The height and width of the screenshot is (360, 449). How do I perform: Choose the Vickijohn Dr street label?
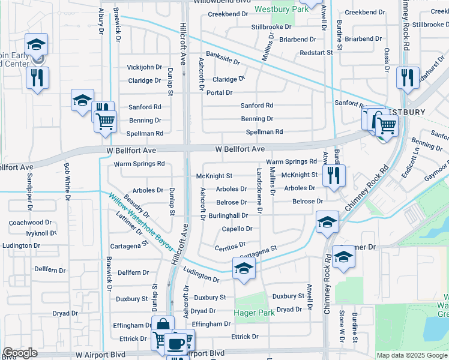(x=145, y=67)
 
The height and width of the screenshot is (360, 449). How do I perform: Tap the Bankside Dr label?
(x=223, y=58)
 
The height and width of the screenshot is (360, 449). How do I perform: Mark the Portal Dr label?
(x=219, y=92)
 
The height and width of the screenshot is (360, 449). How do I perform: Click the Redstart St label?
(x=316, y=53)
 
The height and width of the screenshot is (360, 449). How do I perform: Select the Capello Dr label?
(x=237, y=229)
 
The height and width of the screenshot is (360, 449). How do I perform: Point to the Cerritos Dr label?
(x=231, y=246)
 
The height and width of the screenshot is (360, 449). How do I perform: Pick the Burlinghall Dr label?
(x=228, y=215)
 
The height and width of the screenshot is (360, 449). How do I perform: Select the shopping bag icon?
(x=163, y=325)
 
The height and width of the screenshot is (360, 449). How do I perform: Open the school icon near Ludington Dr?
(x=244, y=268)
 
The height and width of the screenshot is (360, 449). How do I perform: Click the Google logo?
(x=20, y=353)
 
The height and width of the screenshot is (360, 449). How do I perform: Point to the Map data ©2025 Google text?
(x=411, y=355)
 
